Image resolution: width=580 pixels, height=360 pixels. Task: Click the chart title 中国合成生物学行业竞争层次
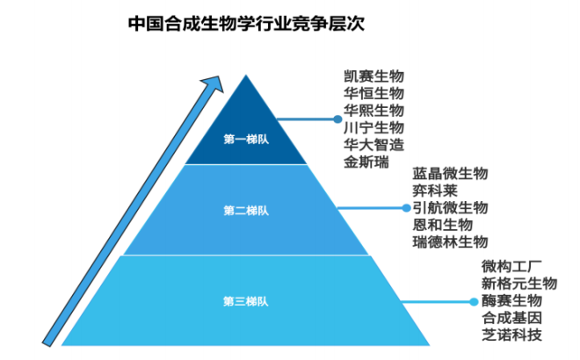(x=245, y=23)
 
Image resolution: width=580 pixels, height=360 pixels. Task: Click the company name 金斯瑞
(x=365, y=161)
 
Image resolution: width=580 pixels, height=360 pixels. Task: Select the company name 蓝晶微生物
(x=449, y=174)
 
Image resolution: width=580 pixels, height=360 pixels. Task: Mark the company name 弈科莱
(x=434, y=191)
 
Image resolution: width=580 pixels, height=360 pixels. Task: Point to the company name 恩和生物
(x=442, y=224)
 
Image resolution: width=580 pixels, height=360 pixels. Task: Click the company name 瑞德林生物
(x=449, y=241)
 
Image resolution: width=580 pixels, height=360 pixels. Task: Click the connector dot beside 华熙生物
(x=335, y=116)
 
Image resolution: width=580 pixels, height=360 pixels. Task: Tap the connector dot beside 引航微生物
(x=405, y=208)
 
